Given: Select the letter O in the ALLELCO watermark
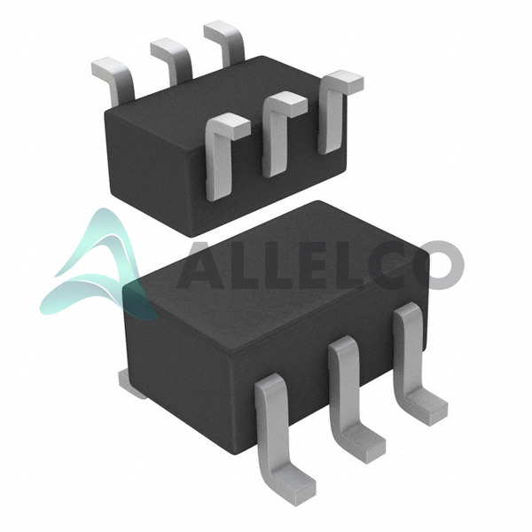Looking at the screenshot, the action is [441, 265].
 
